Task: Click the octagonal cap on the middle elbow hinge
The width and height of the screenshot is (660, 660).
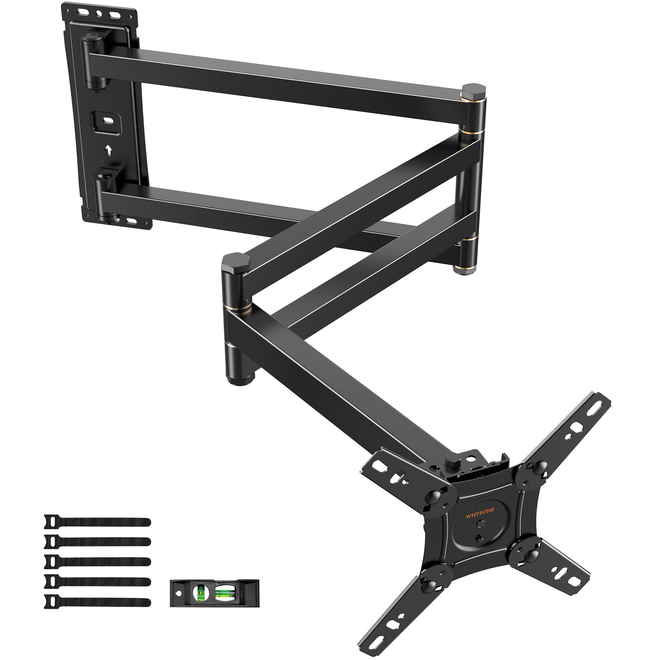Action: (x=236, y=261)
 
